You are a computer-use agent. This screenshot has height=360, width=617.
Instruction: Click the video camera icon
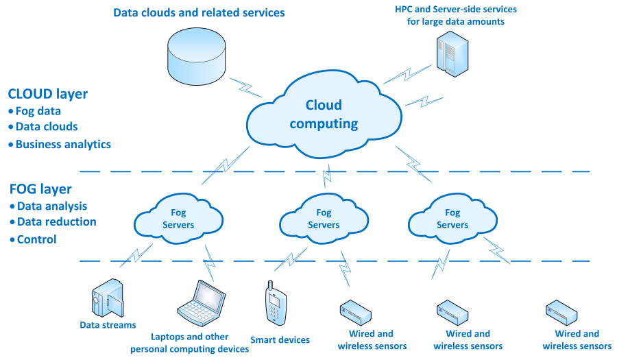tap(108, 299)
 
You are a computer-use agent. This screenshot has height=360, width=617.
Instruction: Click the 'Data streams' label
tap(108, 325)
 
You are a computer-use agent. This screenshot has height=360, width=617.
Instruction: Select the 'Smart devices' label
tap(280, 339)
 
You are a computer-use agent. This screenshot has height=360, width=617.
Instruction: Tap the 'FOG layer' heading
tap(40, 189)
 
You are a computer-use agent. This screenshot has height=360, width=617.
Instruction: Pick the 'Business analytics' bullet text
tap(63, 144)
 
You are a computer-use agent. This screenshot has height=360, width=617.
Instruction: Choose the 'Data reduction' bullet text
tap(57, 221)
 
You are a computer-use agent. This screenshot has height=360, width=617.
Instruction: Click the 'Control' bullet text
tap(36, 239)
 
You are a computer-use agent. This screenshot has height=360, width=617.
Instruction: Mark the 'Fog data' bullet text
tap(38, 111)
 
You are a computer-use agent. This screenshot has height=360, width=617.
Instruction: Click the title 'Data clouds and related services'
tap(199, 12)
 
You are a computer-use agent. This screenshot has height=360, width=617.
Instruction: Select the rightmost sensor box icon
tap(561, 312)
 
